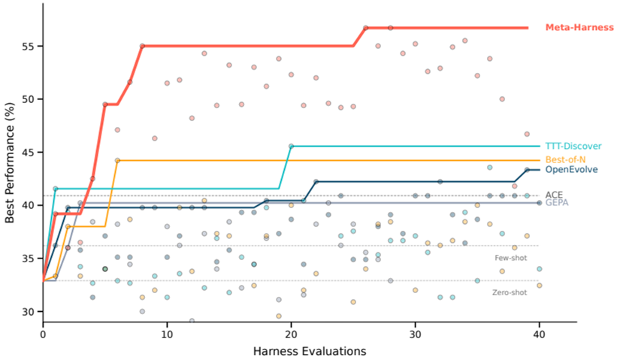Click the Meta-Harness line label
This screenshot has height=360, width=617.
(579, 28)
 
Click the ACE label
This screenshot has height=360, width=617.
(554, 195)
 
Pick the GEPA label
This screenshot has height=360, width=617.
(556, 203)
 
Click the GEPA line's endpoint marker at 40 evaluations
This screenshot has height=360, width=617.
(539, 203)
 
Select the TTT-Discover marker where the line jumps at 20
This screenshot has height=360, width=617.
(291, 146)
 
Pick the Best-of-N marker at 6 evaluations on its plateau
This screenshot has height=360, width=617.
(117, 160)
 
